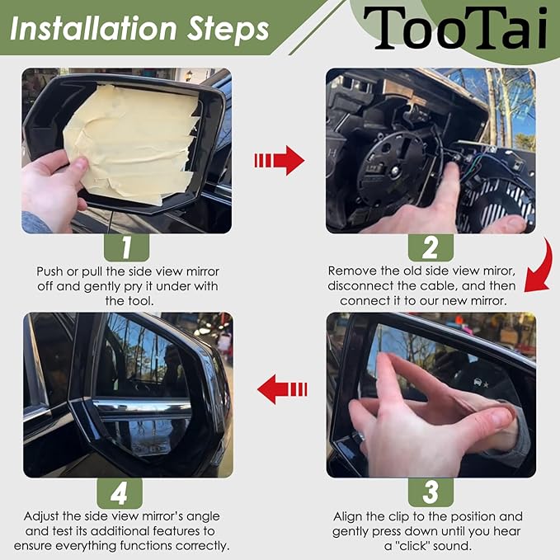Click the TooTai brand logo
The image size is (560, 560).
pos(455,28)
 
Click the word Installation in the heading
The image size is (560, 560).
pos(93,29)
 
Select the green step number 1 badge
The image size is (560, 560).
pos(126,247)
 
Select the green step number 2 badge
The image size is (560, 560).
pos(431,247)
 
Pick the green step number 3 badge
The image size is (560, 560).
pos(431,492)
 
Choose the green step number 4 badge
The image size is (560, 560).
pos(120,494)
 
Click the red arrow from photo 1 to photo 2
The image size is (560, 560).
pos(280,160)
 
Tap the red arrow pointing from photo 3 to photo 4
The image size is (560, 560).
pos(282,389)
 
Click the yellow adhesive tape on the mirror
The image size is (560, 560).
pos(132,143)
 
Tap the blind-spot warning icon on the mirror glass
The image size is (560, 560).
pos(481,384)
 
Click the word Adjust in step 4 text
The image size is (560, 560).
pos(41,517)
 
